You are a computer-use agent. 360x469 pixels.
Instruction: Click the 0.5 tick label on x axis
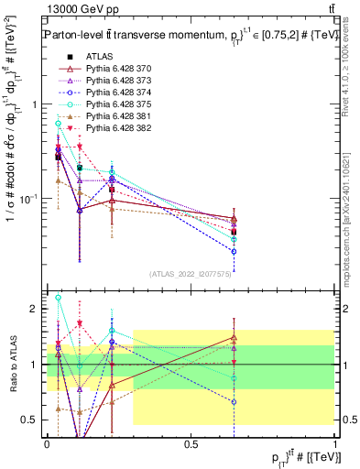pyautogui.click(x=191, y=443)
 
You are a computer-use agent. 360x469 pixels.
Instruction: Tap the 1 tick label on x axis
pyautogui.click(x=335, y=443)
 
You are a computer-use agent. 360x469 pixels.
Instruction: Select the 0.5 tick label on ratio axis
pyautogui.click(x=30, y=420)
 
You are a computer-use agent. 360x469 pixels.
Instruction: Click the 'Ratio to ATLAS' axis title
pyautogui.click(x=12, y=365)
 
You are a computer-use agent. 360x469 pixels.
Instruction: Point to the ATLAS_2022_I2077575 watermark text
pyautogui.click(x=191, y=274)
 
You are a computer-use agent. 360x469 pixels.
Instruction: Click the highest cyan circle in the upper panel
pyautogui.click(x=59, y=123)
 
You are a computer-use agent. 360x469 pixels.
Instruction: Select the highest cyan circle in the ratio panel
pyautogui.click(x=59, y=298)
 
